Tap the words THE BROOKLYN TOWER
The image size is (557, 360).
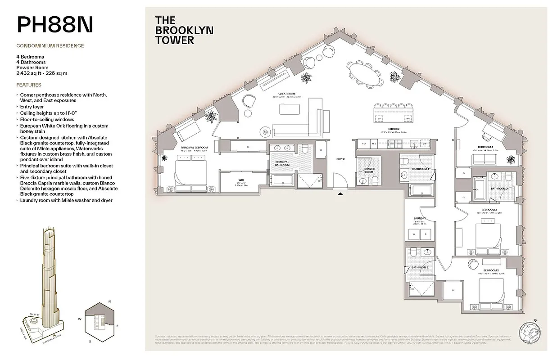(x=184, y=30)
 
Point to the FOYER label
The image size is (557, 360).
(x=341, y=159)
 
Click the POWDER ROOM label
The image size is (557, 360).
(x=369, y=171)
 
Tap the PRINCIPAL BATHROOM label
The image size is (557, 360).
(x=282, y=163)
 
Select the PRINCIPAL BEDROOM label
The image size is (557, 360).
(x=194, y=148)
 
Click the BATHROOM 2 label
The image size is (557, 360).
(x=419, y=268)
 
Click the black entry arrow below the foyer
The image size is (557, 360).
(x=341, y=194)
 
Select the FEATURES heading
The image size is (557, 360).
(x=28, y=85)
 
